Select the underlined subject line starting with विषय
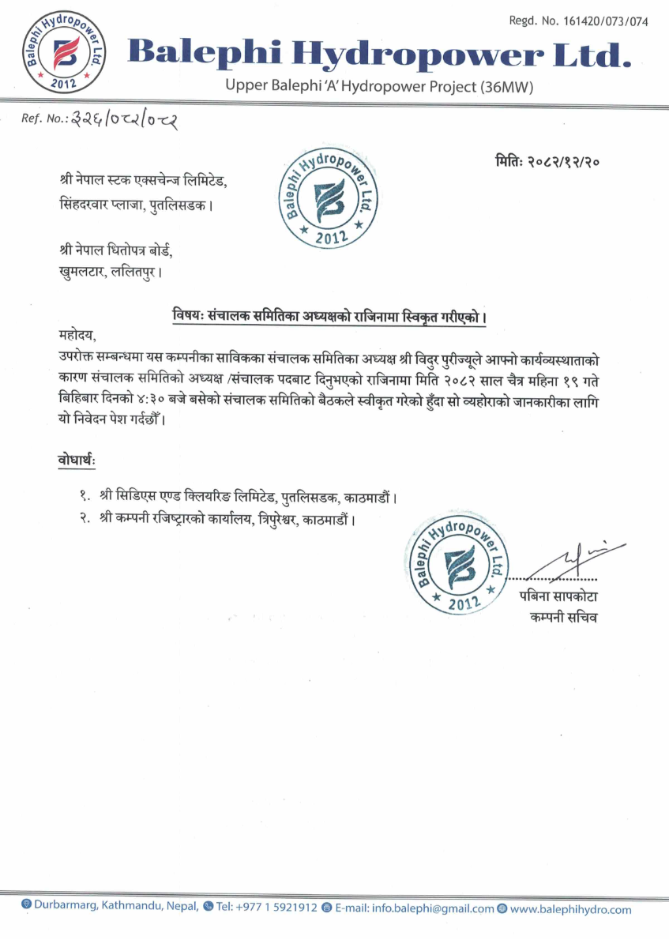329,317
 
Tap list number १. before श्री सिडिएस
85,498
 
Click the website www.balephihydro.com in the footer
570,909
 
